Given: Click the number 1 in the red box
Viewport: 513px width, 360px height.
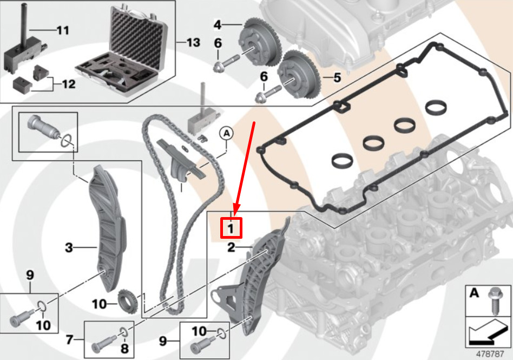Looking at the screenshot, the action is click(x=231, y=228).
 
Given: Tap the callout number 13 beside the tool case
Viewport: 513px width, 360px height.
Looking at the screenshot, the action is click(x=193, y=42).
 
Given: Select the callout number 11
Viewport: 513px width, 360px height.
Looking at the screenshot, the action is click(x=63, y=30).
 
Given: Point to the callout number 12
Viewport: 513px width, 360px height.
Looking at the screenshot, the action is click(x=69, y=84).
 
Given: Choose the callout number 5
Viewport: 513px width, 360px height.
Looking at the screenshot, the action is click(x=337, y=77).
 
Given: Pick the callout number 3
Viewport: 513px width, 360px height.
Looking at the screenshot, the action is click(x=69, y=247).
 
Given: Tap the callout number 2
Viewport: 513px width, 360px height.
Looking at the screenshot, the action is click(x=231, y=247).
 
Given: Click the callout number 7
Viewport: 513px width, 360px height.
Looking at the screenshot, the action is click(x=69, y=340).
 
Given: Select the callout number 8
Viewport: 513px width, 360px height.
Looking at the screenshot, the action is click(x=124, y=349).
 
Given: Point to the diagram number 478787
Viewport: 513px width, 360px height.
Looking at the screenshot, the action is click(x=489, y=354).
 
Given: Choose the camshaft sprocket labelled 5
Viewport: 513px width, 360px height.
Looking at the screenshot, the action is click(x=299, y=75).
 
